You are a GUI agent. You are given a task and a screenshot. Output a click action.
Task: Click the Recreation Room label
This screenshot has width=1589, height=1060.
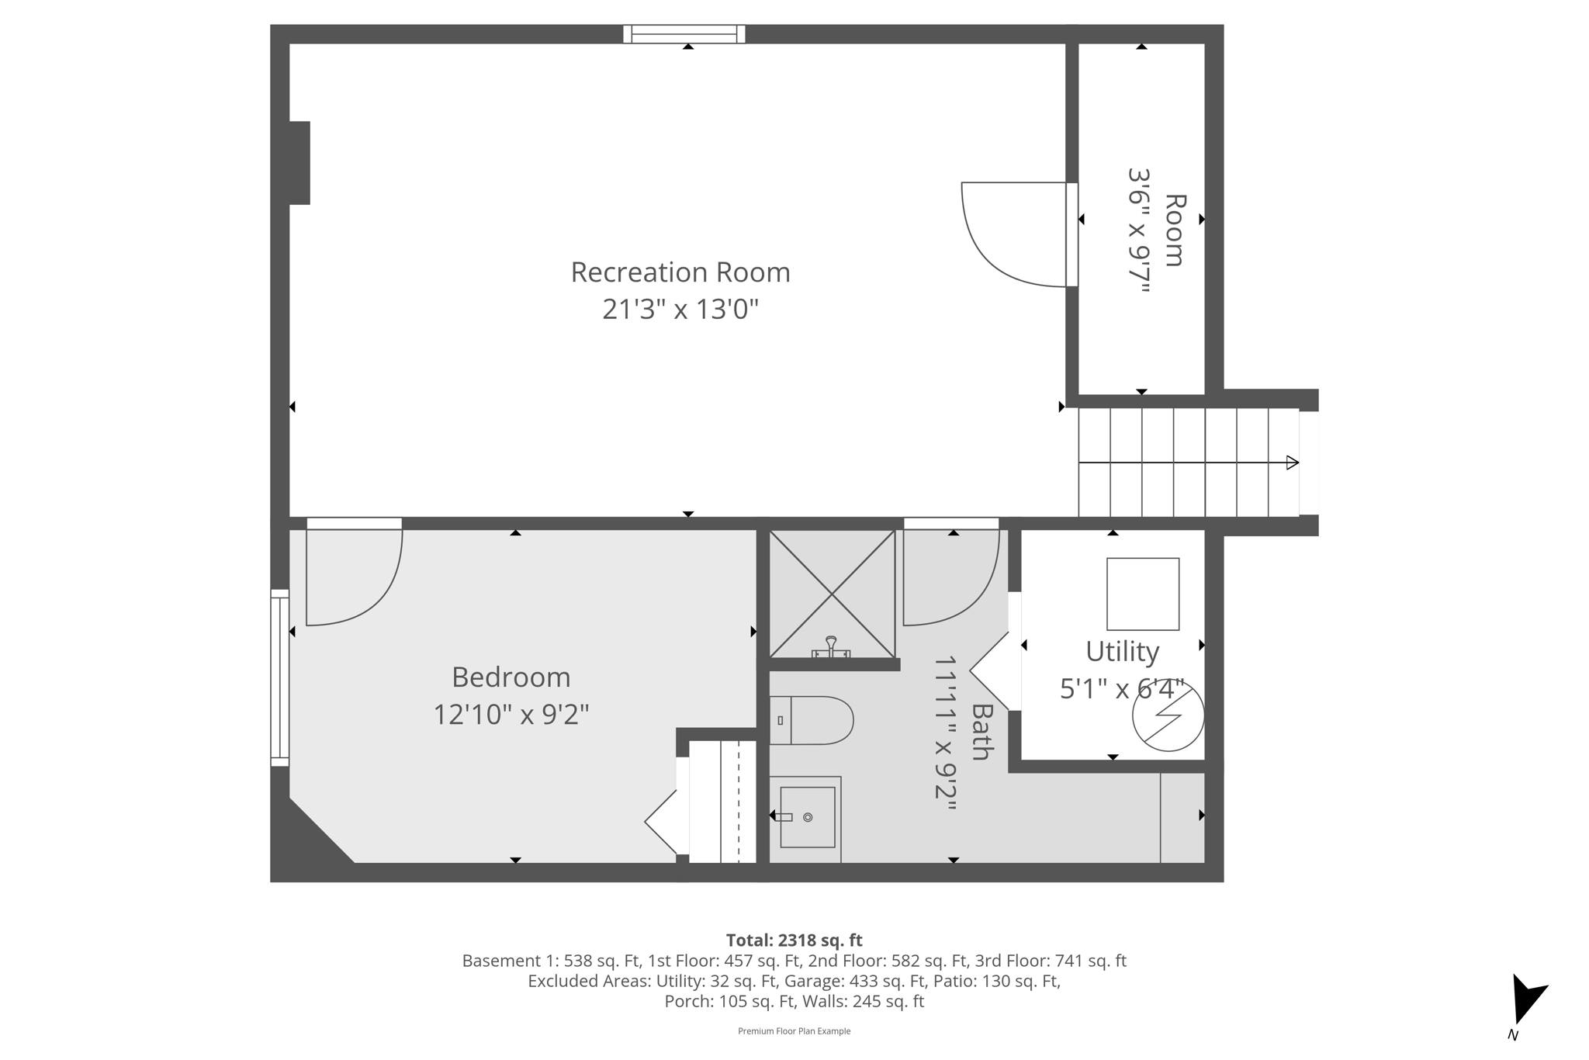coord(680,272)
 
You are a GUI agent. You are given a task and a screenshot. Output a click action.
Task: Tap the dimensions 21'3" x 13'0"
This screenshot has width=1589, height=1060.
coord(680,310)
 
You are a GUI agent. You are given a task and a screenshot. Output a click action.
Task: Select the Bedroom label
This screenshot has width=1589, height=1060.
coord(511,677)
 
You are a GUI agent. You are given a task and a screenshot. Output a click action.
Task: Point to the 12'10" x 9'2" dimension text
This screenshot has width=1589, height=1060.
coord(511,715)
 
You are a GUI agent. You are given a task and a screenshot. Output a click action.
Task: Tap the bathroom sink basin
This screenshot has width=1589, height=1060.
coord(807,817)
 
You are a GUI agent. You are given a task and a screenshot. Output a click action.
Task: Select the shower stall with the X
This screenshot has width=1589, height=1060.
coord(832,594)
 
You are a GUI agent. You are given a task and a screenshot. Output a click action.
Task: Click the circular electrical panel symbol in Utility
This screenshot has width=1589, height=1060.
coord(1168,715)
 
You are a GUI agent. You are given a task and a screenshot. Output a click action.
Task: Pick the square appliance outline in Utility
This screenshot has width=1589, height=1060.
coord(1142,594)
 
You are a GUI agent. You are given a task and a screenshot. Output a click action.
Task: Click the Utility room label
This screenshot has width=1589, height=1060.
coord(1122,652)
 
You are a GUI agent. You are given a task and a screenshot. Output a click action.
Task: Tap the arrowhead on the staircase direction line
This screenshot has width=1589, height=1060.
coord(1292,462)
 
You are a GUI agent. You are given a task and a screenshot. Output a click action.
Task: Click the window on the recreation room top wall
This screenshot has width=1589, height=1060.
coord(684,34)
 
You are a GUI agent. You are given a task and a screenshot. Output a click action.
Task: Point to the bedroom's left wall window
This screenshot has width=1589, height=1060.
coord(279,677)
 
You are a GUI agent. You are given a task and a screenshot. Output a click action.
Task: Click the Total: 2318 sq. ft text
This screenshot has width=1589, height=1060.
coord(794,940)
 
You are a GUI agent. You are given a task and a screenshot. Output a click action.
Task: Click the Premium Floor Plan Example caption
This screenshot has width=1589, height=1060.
coord(794,1031)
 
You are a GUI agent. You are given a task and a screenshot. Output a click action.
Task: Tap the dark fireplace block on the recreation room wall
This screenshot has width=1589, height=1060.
coord(299,163)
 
